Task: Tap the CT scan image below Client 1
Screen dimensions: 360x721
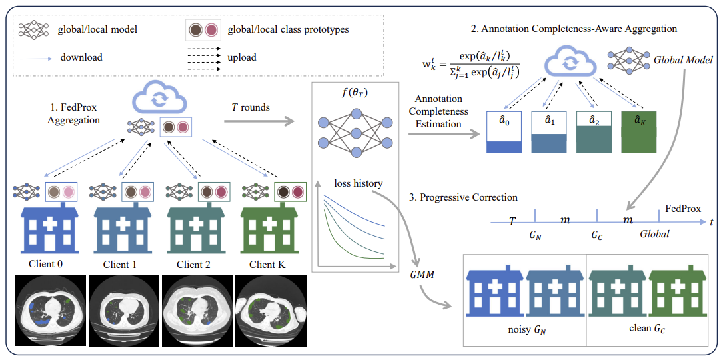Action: pyautogui.click(x=124, y=310)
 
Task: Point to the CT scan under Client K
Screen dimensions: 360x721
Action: pyautogui.click(x=271, y=310)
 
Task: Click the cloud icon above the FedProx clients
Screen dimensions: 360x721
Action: pyautogui.click(x=158, y=98)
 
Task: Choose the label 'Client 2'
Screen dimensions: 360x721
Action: pyautogui.click(x=194, y=265)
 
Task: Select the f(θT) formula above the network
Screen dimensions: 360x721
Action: pyautogui.click(x=355, y=94)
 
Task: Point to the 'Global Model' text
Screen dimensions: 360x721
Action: pyautogui.click(x=683, y=60)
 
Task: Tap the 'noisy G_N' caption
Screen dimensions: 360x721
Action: pyautogui.click(x=524, y=329)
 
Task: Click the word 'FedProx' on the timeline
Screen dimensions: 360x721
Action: pyautogui.click(x=683, y=209)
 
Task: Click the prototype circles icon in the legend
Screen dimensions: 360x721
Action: pyautogui.click(x=205, y=29)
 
